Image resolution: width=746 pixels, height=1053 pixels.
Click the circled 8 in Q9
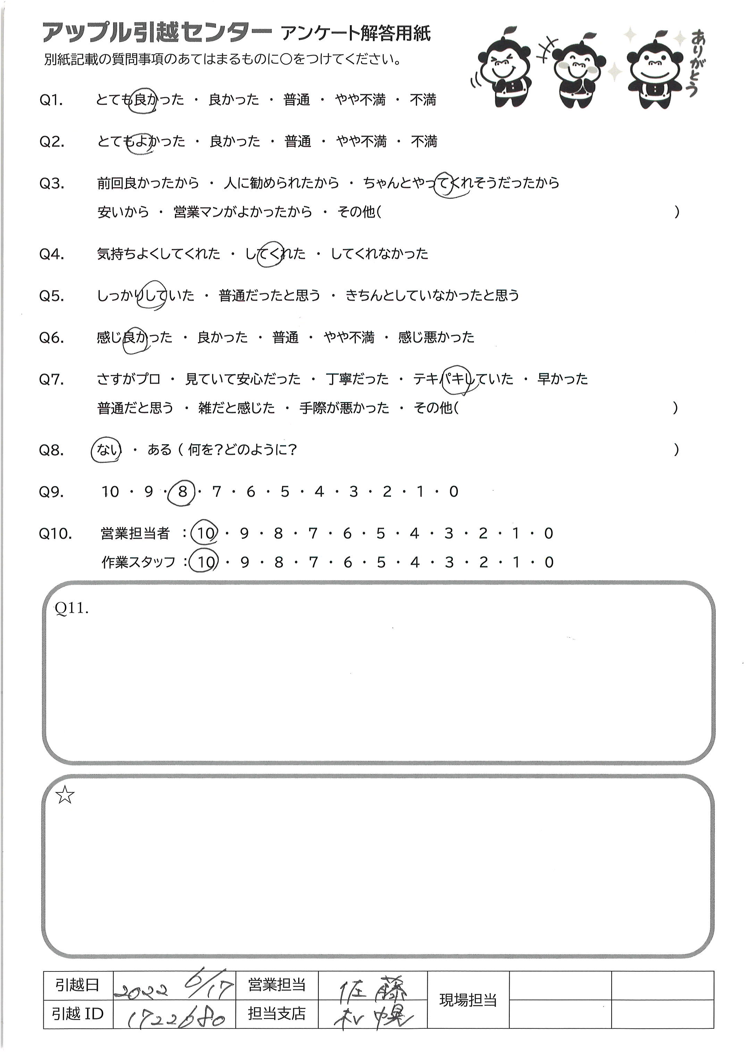182,492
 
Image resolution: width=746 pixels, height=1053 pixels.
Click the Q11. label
71,609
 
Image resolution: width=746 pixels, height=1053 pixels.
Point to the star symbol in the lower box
65,795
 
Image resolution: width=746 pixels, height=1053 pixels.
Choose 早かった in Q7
563,379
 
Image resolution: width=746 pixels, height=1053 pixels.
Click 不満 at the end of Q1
422,100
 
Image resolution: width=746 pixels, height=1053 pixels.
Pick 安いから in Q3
123,212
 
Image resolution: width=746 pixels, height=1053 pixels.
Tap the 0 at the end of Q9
454,492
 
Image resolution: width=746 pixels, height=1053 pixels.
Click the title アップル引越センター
156,33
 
